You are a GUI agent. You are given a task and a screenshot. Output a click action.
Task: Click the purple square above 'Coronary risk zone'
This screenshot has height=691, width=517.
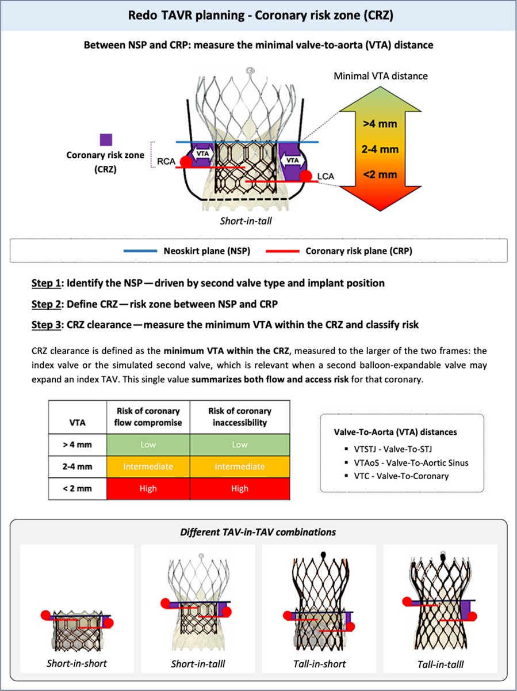[106, 140]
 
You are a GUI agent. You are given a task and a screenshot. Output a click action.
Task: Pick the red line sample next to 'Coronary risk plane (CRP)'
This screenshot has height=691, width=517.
[282, 251]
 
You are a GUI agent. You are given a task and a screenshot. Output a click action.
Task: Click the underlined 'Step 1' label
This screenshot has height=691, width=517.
[47, 283]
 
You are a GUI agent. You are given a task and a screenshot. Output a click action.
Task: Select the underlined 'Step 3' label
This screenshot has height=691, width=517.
[47, 325]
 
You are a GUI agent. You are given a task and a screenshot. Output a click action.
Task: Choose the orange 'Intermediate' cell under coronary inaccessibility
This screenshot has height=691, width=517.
[239, 466]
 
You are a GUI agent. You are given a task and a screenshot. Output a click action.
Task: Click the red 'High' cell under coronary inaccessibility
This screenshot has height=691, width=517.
[239, 488]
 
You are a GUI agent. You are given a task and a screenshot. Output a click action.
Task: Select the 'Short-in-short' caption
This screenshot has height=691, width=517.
[77, 663]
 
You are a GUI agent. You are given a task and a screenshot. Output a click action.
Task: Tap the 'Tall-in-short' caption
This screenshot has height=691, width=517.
[318, 664]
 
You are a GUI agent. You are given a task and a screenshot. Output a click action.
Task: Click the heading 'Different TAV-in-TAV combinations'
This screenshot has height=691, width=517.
[259, 531]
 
